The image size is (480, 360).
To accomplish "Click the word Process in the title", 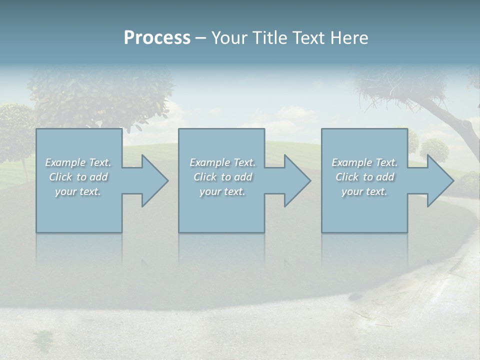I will (x=157, y=38).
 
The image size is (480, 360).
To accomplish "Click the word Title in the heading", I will (x=269, y=38).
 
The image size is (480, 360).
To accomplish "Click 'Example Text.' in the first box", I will (x=78, y=162).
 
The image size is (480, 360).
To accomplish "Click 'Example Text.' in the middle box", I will (x=222, y=162).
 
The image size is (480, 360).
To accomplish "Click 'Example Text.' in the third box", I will (x=364, y=162).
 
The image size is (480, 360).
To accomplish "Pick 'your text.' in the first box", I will (x=78, y=191).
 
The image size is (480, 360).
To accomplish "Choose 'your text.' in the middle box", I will (x=222, y=191).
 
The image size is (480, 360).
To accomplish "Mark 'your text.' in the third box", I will (x=364, y=191).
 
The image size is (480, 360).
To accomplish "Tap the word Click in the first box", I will (x=60, y=177).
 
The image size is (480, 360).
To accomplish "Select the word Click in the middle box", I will (x=205, y=177).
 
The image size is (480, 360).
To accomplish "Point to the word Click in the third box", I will (x=347, y=177).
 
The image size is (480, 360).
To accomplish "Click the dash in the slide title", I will (x=200, y=38).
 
